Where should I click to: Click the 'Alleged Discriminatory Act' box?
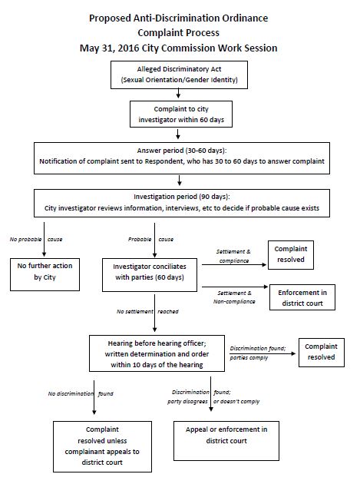tap(179, 75)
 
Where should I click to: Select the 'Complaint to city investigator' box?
tap(181, 114)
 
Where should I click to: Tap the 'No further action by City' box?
tap(45, 274)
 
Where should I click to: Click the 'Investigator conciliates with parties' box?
tap(150, 275)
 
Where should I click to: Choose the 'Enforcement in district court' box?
tap(302, 297)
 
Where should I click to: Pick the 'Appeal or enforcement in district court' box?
tap(226, 441)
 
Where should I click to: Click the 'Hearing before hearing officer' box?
tap(157, 353)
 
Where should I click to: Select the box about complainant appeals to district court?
tap(102, 446)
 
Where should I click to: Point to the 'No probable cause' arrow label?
tap(36, 240)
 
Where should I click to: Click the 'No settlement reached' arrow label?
tap(147, 312)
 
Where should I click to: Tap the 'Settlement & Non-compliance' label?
tap(234, 297)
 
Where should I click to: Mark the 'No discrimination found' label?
tap(81, 393)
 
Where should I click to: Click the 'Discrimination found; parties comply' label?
tap(258, 353)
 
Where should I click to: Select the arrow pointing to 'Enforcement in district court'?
tap(235, 287)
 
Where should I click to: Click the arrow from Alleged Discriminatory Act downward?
tap(178, 93)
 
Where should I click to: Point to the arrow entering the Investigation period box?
tap(180, 181)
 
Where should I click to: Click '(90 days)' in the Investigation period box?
tap(214, 197)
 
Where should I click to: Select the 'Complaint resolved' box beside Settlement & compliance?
tap(291, 254)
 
